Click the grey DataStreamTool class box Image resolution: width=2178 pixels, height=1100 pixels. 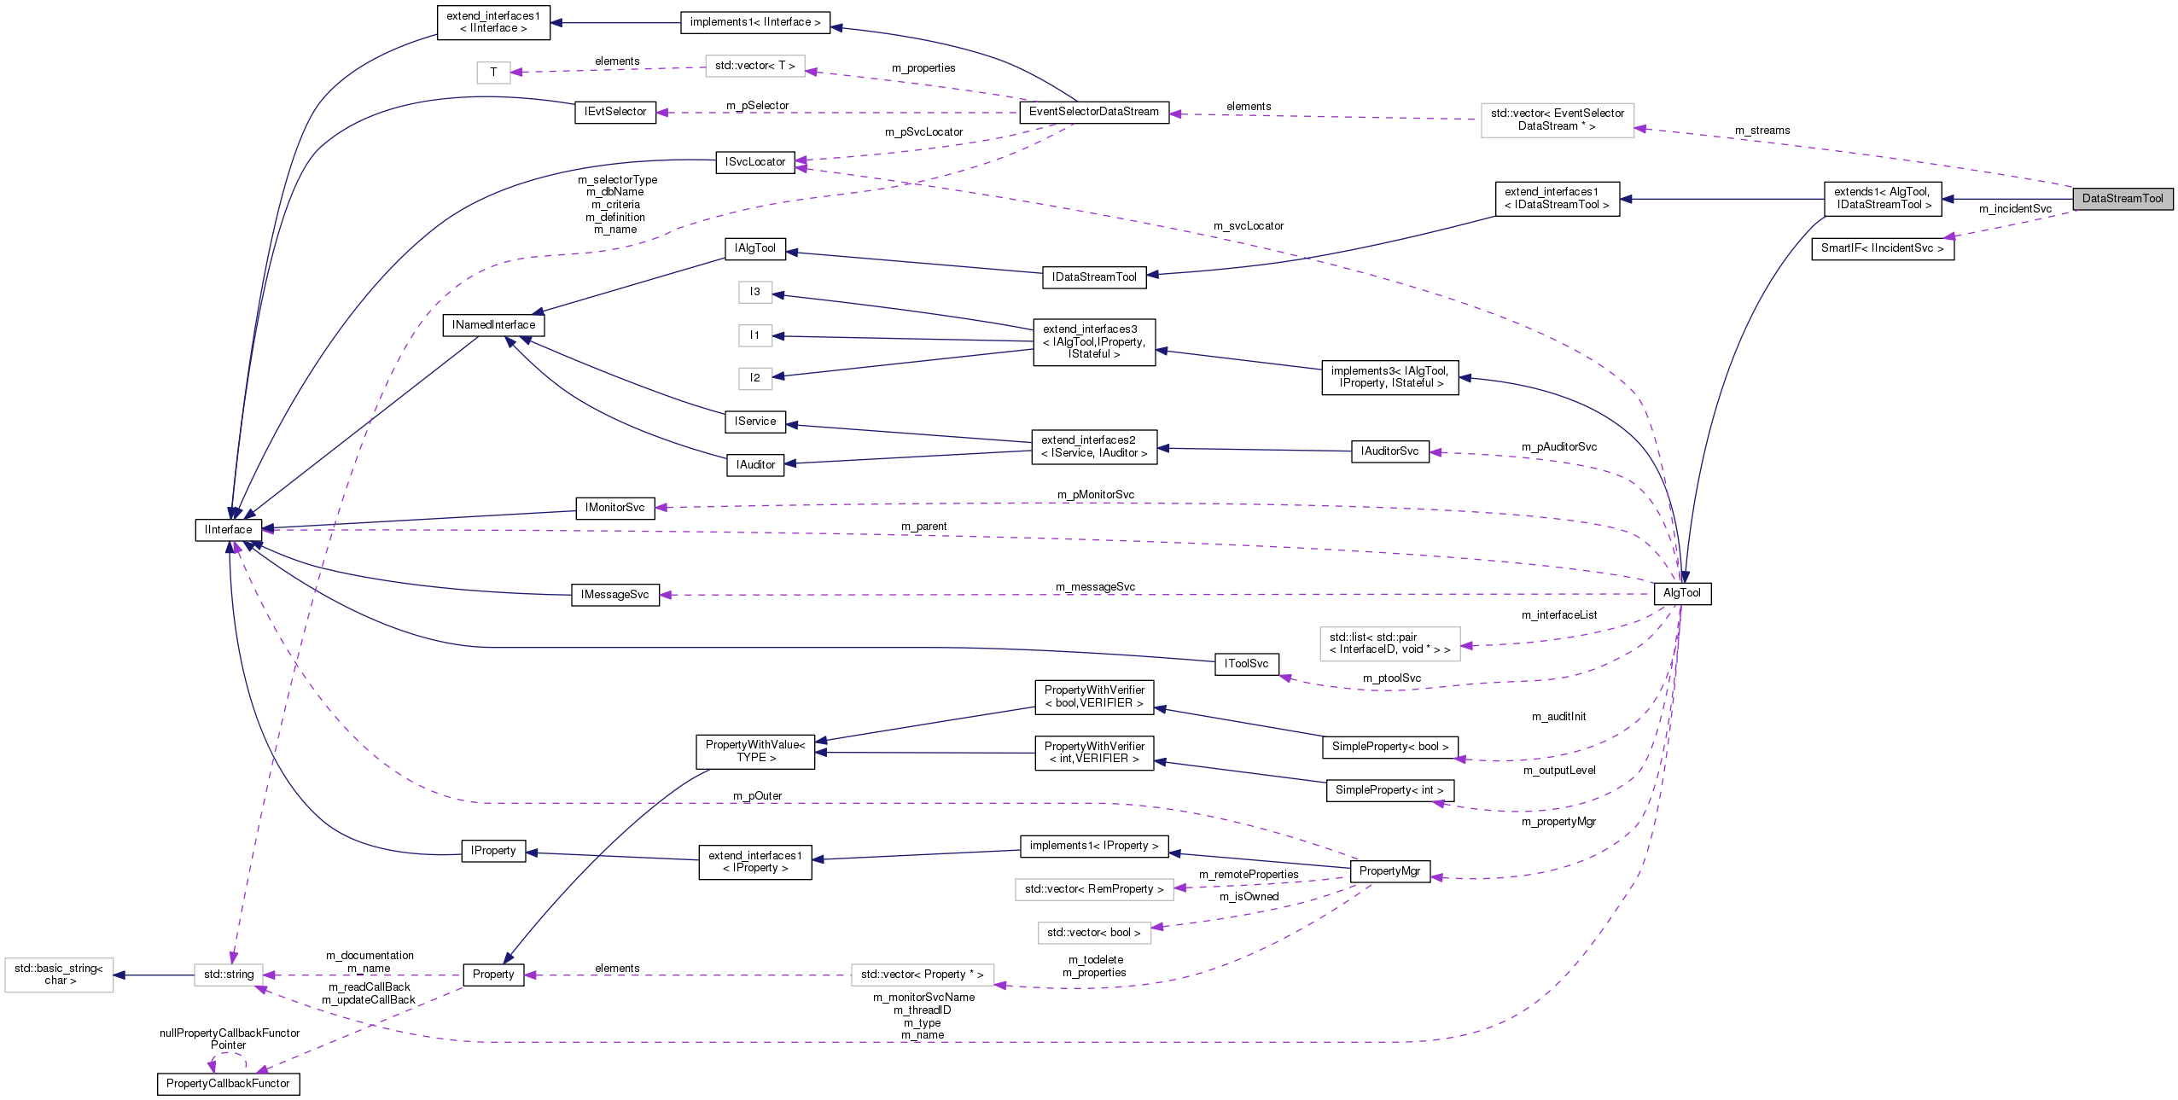[x=2123, y=199]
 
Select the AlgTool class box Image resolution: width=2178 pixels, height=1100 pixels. [x=1682, y=593]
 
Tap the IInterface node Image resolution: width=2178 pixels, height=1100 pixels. [x=228, y=530]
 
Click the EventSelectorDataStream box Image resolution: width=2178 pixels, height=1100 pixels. [x=1093, y=112]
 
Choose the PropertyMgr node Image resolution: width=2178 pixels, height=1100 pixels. [x=1389, y=871]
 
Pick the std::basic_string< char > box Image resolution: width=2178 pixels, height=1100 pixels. [x=59, y=975]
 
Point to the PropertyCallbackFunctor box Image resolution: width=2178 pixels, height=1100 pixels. [x=228, y=1084]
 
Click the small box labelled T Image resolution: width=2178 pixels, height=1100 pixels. [x=493, y=73]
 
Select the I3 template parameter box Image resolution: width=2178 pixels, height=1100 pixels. [x=754, y=292]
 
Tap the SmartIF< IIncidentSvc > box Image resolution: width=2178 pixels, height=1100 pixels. [x=1882, y=248]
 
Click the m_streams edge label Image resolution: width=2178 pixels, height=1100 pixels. [x=1762, y=131]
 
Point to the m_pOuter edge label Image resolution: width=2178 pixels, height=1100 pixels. [x=757, y=796]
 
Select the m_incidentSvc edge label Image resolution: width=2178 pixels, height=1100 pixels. [x=2015, y=209]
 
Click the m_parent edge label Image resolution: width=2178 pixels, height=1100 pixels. [x=923, y=527]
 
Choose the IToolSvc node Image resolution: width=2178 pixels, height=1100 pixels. [x=1246, y=664]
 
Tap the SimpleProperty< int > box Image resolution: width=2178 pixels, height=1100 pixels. [x=1389, y=790]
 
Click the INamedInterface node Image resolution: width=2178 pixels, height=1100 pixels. [x=493, y=325]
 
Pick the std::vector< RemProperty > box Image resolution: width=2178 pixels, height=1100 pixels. [x=1093, y=889]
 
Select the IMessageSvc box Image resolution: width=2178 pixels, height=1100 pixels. [x=614, y=595]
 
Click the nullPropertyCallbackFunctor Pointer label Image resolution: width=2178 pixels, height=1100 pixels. [x=230, y=1039]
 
